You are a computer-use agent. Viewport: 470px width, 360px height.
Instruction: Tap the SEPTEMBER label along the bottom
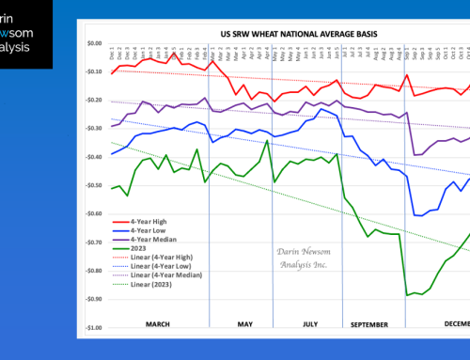370,324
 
